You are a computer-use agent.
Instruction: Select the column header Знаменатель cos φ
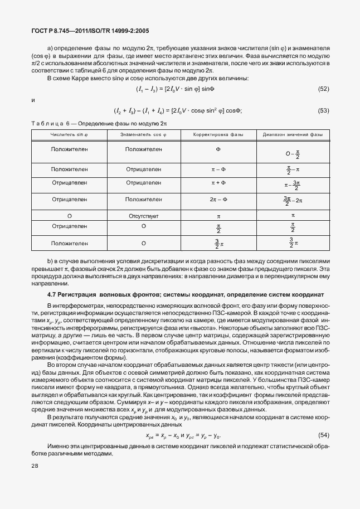point(143,135)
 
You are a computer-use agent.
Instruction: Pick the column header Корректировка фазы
point(218,135)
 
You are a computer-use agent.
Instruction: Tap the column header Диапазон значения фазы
point(293,135)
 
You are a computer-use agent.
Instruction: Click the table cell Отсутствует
point(143,215)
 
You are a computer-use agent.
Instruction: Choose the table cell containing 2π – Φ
point(218,198)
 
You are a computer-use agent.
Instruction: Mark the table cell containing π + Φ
point(218,182)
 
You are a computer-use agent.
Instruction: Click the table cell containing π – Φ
point(218,168)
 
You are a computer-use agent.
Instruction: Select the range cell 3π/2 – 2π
point(293,199)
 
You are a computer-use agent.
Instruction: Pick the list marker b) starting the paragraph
point(51,261)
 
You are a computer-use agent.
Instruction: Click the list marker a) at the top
point(51,49)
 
